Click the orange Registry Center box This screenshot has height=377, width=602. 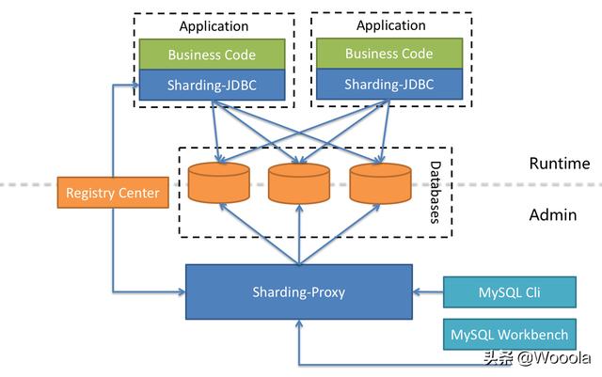pos(111,194)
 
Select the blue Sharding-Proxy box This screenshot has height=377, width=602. pos(299,291)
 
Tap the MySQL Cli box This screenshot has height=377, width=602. pos(509,291)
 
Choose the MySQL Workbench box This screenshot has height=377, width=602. pos(509,335)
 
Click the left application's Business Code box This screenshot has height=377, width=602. pos(211,55)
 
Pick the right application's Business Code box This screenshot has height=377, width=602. pos(388,54)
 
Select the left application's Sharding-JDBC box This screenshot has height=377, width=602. pos(211,86)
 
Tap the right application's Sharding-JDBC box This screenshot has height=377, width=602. pos(388,85)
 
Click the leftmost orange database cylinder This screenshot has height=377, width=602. pos(218,183)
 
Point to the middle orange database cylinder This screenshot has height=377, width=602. pos(299,183)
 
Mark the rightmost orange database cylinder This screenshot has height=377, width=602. pos(380,183)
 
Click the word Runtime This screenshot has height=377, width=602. pos(559,164)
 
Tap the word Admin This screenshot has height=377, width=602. pos(552,214)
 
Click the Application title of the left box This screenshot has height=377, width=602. pos(214,26)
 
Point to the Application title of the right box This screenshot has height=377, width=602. pos(390,25)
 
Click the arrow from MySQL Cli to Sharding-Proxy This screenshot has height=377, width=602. pos(428,291)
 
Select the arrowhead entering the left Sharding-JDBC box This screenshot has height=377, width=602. pos(134,86)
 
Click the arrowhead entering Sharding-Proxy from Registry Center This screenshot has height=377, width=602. pos(180,291)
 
